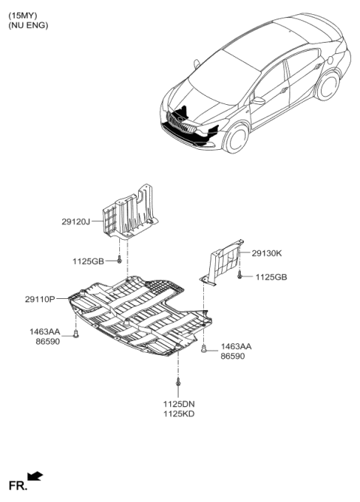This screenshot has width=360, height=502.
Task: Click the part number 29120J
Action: (76, 222)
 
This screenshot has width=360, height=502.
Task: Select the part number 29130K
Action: (267, 253)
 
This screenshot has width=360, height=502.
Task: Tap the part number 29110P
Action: (40, 300)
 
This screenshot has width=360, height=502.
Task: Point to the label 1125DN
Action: (179, 404)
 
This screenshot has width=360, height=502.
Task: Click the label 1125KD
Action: (179, 414)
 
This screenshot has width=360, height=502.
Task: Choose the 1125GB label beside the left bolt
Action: (88, 261)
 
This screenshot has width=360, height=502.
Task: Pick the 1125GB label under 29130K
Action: (271, 277)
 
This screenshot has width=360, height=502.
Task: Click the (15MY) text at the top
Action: (22, 16)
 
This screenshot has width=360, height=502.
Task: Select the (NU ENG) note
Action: (28, 25)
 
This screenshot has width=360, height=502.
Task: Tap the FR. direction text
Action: (18, 486)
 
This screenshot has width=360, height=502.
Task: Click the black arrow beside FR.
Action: (35, 476)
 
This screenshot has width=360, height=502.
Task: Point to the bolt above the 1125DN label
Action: (178, 381)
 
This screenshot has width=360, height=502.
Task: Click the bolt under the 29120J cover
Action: (119, 259)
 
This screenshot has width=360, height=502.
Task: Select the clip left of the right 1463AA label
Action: (203, 348)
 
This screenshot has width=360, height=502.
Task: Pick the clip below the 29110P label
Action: (76, 333)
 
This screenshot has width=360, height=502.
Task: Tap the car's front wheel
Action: (236, 138)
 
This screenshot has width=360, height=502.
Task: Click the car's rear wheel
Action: (328, 85)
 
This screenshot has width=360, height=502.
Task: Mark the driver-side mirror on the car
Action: (258, 101)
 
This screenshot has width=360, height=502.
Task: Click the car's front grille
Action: (181, 124)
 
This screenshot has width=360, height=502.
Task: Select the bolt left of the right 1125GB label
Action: (239, 275)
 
